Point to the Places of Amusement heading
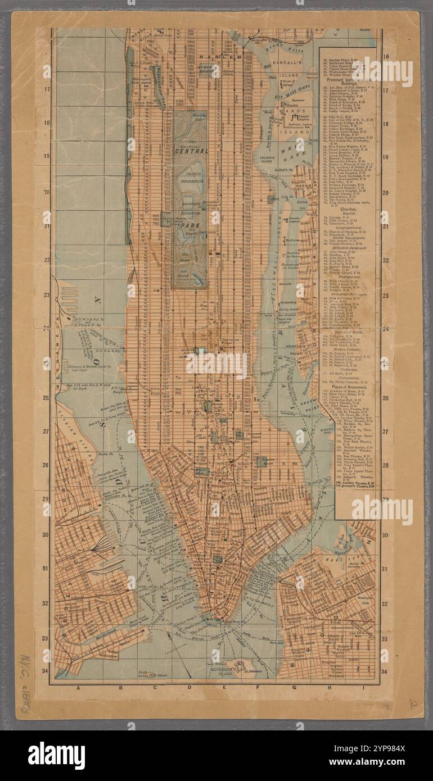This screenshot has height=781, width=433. [346, 388]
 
